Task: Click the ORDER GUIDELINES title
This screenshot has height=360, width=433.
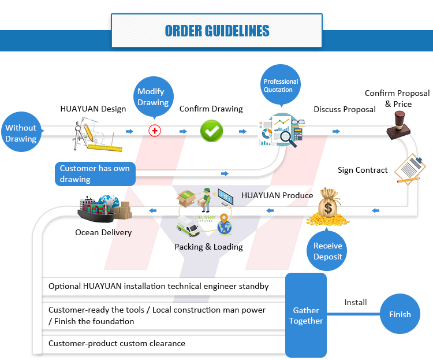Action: [x=216, y=31]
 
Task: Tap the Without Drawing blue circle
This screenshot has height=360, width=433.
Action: [x=21, y=133]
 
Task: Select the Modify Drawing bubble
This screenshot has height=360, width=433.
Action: [x=153, y=97]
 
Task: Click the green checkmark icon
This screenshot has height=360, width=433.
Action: [x=211, y=131]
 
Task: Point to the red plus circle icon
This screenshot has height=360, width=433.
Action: [x=154, y=131]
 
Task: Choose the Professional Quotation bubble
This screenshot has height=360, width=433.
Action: [x=281, y=86]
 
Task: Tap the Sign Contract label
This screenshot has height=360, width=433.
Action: [x=363, y=170]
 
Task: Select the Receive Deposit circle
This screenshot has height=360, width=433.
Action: [x=328, y=251]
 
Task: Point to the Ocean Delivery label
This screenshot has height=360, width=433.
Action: [x=103, y=232]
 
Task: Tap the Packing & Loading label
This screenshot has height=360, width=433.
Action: [x=208, y=247]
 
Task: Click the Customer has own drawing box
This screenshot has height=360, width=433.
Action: [x=95, y=173]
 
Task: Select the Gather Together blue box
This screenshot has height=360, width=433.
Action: [x=306, y=316]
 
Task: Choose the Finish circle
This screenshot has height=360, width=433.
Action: [x=400, y=314]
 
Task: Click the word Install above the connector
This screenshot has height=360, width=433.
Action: [x=356, y=302]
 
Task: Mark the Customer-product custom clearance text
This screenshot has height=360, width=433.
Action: [x=117, y=343]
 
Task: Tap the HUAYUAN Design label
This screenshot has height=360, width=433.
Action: [x=93, y=109]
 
